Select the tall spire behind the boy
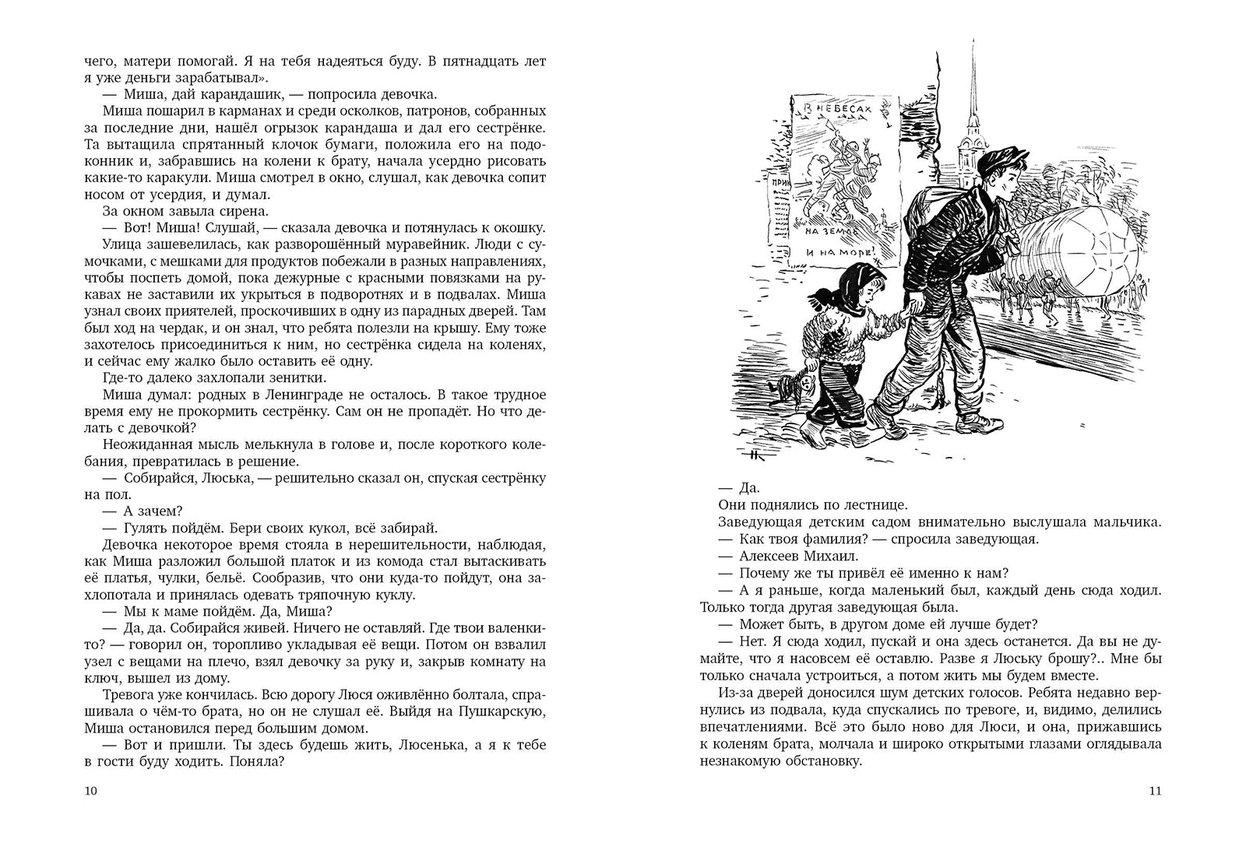(973, 86)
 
